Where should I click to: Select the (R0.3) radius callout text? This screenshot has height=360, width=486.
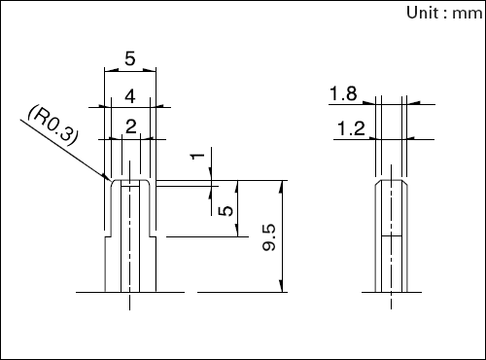pos(53,125)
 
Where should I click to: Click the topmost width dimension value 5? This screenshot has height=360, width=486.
pos(130,59)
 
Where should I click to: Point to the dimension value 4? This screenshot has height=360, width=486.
pos(130,96)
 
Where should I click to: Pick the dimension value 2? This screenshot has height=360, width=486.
pos(130,126)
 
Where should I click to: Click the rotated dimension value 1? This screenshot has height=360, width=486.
pos(198,157)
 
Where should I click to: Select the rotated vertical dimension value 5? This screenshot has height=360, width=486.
pos(226,211)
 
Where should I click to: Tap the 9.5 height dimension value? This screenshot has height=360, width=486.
pos(269,237)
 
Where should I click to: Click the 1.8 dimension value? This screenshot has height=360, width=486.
pos(343,93)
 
